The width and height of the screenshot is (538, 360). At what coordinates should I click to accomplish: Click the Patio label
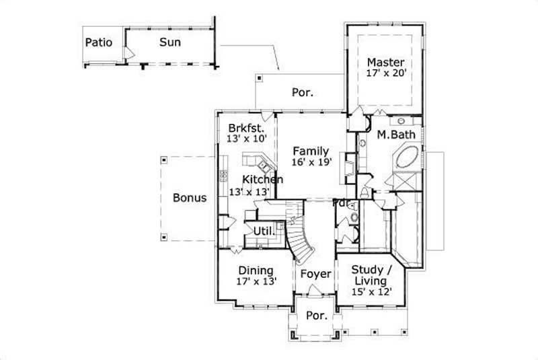(x=98, y=43)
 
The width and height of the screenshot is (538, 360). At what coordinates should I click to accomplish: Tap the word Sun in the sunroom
(x=169, y=42)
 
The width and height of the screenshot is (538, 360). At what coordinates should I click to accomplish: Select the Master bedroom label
(x=385, y=63)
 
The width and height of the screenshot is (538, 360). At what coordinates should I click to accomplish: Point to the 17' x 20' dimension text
(x=386, y=74)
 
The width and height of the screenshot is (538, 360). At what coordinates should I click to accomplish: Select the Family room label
(x=310, y=151)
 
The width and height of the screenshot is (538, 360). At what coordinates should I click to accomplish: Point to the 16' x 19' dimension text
(x=310, y=163)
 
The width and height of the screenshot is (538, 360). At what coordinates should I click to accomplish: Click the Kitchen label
(x=262, y=180)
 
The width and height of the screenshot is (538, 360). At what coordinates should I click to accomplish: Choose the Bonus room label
(x=190, y=198)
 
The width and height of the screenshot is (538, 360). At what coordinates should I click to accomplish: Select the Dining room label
(x=256, y=271)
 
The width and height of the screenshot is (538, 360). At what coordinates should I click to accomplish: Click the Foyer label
(x=315, y=275)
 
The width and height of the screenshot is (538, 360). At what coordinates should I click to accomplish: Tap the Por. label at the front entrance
(x=315, y=316)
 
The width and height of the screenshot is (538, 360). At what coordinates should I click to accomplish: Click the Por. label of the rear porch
(x=302, y=93)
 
